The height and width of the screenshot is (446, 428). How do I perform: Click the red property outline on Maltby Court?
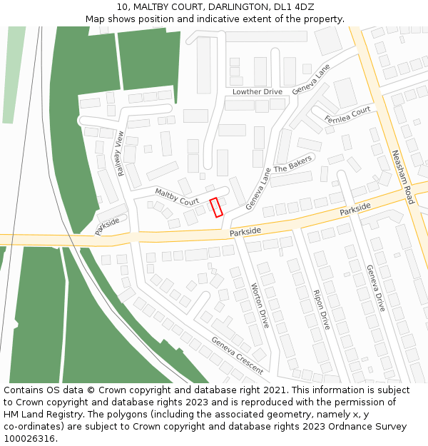[x=216, y=207]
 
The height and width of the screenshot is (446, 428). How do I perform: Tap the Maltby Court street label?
[x=177, y=196]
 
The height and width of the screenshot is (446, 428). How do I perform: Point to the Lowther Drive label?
[x=258, y=92]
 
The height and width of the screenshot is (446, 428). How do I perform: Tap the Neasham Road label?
[x=402, y=177]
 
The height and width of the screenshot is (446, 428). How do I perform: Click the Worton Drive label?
[x=260, y=305]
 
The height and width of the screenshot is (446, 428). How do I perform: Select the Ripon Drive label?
[x=322, y=309]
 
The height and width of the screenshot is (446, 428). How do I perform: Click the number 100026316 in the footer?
[x=31, y=438]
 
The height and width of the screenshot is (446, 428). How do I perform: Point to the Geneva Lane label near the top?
[x=312, y=80]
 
